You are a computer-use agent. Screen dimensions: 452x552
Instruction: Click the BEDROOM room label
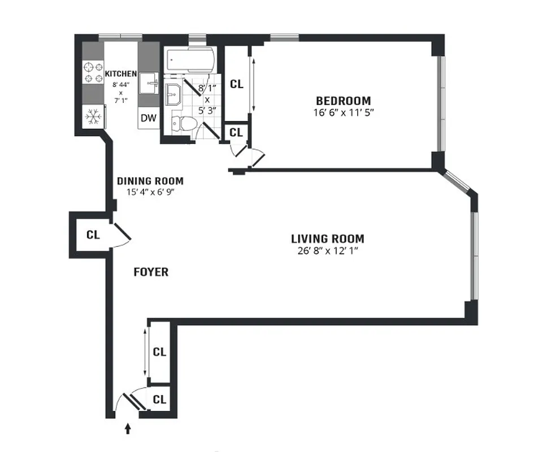point(343,101)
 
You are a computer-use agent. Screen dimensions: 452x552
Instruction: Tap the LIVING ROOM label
point(327,238)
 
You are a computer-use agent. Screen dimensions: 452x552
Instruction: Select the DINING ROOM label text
point(150,181)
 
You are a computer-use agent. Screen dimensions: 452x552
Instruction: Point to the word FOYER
point(150,272)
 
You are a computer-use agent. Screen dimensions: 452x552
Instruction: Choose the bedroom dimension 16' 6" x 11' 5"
point(343,112)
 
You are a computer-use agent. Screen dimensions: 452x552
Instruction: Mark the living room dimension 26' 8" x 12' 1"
point(327,250)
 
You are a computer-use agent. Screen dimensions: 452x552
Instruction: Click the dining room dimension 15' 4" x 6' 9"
point(150,192)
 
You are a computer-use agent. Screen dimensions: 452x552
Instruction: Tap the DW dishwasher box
point(149,118)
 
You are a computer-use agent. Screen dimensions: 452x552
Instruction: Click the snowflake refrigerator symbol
point(92,116)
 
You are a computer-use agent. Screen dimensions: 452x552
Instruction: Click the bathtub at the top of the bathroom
point(189,59)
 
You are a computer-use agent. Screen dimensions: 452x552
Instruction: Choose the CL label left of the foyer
point(93,234)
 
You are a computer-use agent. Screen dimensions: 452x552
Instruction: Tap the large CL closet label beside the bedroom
point(236,84)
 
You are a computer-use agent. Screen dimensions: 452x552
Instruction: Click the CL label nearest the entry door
point(160,399)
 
